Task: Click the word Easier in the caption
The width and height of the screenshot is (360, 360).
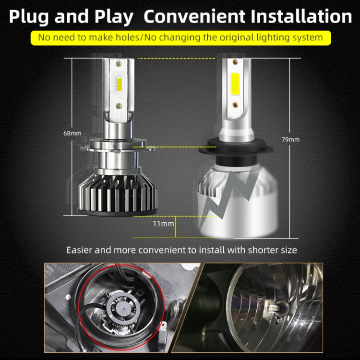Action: click(79, 250)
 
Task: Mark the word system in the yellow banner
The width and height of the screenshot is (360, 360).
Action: click(308, 37)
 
